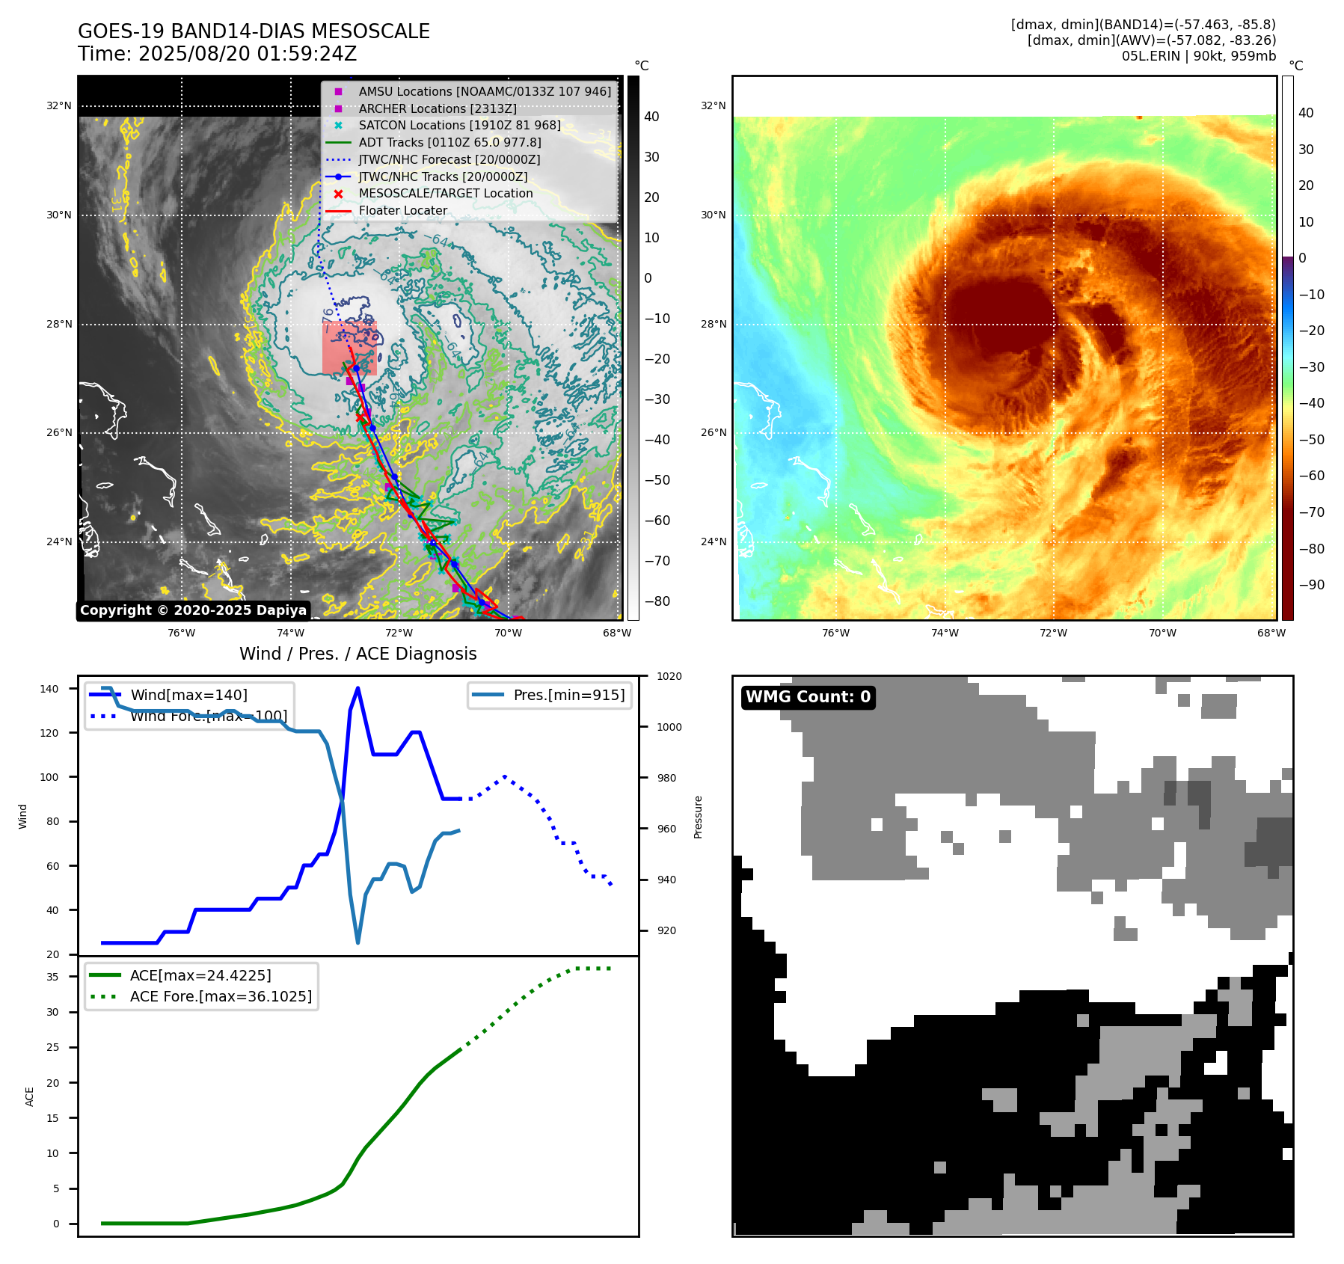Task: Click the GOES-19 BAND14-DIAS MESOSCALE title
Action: pos(254,31)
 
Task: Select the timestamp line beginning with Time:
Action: pos(217,54)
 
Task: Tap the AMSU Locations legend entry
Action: pos(484,91)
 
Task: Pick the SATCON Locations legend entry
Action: pos(458,125)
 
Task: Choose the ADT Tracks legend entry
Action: pos(449,142)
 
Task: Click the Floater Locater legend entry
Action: pos(402,210)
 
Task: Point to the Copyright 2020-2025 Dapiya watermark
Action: pos(193,610)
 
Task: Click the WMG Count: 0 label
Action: pos(808,697)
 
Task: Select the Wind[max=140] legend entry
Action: pos(188,695)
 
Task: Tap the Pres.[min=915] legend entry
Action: pos(568,695)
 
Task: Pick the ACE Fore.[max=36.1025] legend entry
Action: pos(221,996)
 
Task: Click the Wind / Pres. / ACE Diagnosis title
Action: pos(358,654)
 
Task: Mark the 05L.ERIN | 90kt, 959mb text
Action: pos(1198,56)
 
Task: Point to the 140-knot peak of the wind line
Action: pos(358,688)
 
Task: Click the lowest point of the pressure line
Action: pos(358,942)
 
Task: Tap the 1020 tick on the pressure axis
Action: pos(669,676)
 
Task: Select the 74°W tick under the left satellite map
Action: pos(290,633)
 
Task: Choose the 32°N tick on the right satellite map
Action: pos(713,105)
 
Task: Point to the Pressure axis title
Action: pos(698,817)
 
